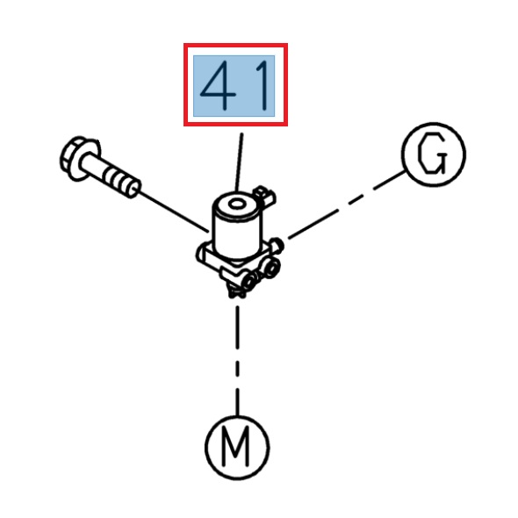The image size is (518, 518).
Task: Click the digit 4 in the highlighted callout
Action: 219,85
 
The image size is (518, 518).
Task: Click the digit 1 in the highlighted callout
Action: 263,85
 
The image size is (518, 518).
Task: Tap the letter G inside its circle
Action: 432,154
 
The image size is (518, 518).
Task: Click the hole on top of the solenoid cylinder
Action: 237,205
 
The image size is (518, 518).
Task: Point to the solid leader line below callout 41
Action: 239,162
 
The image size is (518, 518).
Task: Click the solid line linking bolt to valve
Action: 173,212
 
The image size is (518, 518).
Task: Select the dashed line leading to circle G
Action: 347,205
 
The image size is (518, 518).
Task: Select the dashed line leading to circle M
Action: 237,361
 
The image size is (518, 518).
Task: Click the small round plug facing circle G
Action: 278,245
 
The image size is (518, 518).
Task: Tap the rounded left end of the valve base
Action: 200,255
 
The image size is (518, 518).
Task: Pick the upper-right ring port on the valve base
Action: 271,267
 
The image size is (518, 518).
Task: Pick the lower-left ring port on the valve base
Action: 250,279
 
